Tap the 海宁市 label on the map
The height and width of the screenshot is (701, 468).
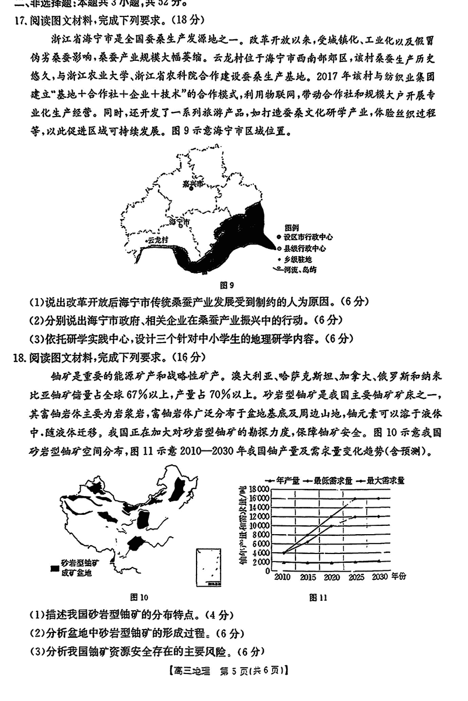coord(179,223)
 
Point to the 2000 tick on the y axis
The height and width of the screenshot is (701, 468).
coord(261,562)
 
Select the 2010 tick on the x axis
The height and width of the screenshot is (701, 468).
coord(283,577)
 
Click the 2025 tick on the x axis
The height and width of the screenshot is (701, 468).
coord(356,577)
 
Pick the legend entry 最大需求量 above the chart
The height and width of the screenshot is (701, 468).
coord(386,480)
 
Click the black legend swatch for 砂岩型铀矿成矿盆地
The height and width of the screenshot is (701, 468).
coord(54,567)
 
